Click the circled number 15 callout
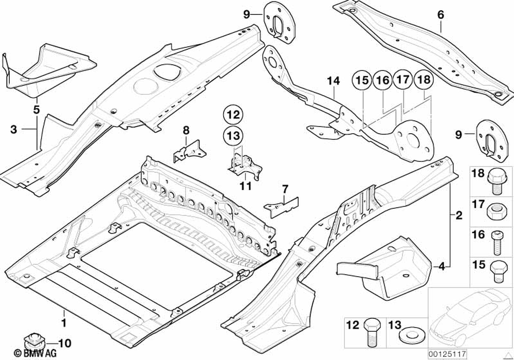coord(361,80)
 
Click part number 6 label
coord(440,15)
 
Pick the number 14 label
coord(334,80)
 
